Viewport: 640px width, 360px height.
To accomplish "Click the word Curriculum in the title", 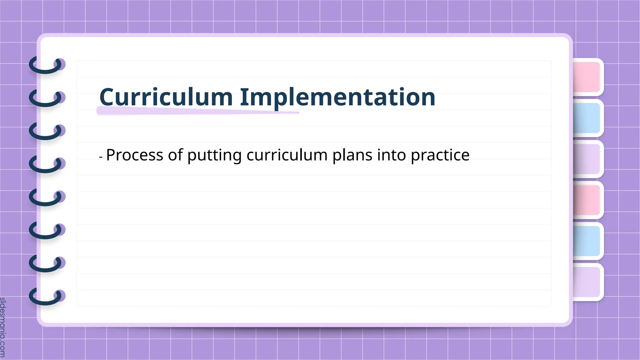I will [166, 97].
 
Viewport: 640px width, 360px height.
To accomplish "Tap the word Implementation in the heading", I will [337, 97].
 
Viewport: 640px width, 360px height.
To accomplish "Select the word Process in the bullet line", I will [135, 155].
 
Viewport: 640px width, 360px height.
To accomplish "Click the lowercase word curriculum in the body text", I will [287, 155].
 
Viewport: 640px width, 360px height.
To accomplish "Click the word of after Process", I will [175, 155].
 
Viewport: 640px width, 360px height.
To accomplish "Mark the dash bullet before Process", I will [101, 157].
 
